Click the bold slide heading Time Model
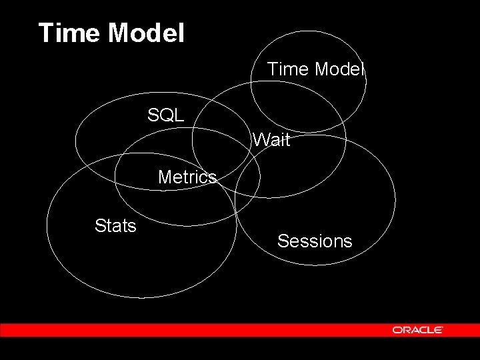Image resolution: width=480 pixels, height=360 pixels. pos(111,33)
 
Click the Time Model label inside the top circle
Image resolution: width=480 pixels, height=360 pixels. pos(315,69)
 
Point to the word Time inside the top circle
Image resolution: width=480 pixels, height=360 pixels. pos(286,69)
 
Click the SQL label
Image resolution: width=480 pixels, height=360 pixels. pos(165,115)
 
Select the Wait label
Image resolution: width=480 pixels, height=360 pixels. pos(271,141)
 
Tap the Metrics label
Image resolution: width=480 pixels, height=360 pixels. pos(187,177)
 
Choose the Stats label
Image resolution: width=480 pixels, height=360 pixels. pos(115,227)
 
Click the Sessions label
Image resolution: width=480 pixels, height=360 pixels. pos(315,241)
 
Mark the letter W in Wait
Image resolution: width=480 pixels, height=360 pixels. pos(261,141)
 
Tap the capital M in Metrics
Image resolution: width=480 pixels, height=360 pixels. pos(165,177)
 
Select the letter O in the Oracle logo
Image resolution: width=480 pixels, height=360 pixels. pos(397,330)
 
